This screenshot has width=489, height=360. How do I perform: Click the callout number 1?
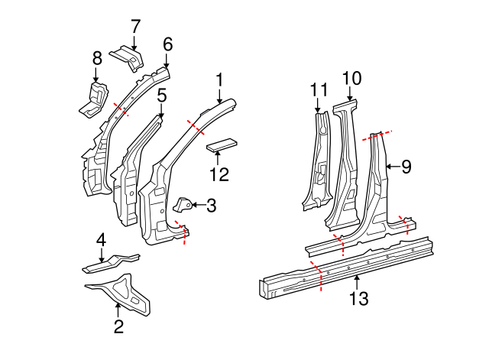point(219,79)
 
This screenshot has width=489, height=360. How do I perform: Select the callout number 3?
point(211,205)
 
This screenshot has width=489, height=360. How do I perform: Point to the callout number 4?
point(100,242)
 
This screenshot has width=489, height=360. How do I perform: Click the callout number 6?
point(167,44)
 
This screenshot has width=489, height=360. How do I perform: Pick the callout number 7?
point(135,26)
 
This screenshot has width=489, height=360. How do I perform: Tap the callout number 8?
point(97,57)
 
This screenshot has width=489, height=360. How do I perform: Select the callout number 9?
point(406,166)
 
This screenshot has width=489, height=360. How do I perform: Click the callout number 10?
point(351,77)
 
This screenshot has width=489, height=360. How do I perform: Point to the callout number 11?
point(319,90)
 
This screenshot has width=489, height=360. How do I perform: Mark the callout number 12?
point(219,174)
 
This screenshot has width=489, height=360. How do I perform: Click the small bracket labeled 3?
point(184,204)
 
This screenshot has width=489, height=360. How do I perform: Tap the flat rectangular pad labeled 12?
point(222,145)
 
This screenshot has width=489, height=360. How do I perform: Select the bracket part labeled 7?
point(127,58)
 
